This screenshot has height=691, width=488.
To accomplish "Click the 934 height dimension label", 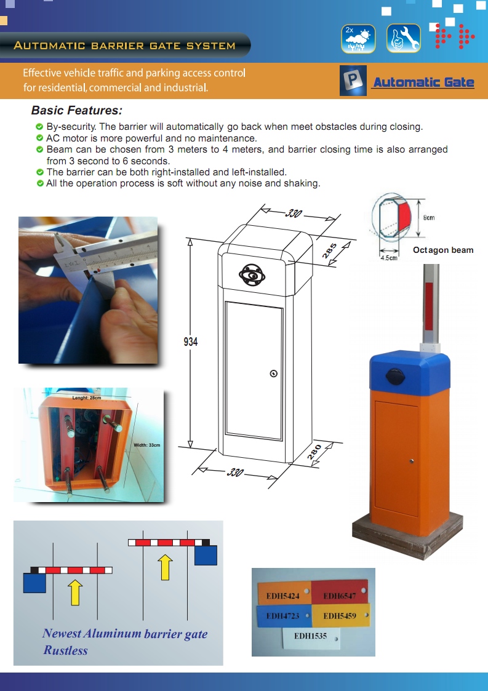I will click(191, 342).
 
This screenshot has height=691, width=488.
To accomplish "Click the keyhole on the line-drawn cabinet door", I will click(274, 373).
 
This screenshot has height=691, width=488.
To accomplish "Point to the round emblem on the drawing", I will click(252, 273).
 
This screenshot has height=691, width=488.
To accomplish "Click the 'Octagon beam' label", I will click(443, 250).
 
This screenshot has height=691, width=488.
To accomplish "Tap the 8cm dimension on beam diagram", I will click(429, 217).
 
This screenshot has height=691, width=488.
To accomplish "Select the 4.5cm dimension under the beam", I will click(388, 258).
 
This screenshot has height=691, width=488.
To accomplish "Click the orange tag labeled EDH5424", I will click(282, 596).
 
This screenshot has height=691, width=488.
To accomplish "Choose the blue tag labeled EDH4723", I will click(282, 615).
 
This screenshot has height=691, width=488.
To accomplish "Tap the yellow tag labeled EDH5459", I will click(340, 615).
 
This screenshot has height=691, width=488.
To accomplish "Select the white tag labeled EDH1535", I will click(311, 635).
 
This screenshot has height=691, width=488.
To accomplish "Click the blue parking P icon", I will click(353, 81).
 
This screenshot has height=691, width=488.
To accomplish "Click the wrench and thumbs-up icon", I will click(404, 38).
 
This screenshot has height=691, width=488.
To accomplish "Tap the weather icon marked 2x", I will click(358, 38).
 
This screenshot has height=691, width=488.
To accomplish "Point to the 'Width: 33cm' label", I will click(146, 445).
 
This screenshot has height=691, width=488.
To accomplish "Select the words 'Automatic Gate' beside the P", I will click(423, 82).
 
